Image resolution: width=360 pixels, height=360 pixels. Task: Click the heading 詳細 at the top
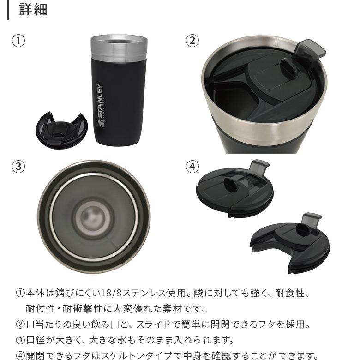click(x=33, y=10)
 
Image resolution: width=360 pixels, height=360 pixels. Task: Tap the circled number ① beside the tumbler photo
click(x=18, y=41)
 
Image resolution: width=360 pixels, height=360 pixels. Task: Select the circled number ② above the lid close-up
click(x=192, y=41)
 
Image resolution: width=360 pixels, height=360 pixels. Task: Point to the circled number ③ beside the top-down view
click(x=18, y=167)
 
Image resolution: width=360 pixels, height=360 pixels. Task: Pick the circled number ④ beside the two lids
click(x=192, y=167)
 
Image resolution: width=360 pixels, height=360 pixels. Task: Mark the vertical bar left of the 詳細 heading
click(x=8, y=10)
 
